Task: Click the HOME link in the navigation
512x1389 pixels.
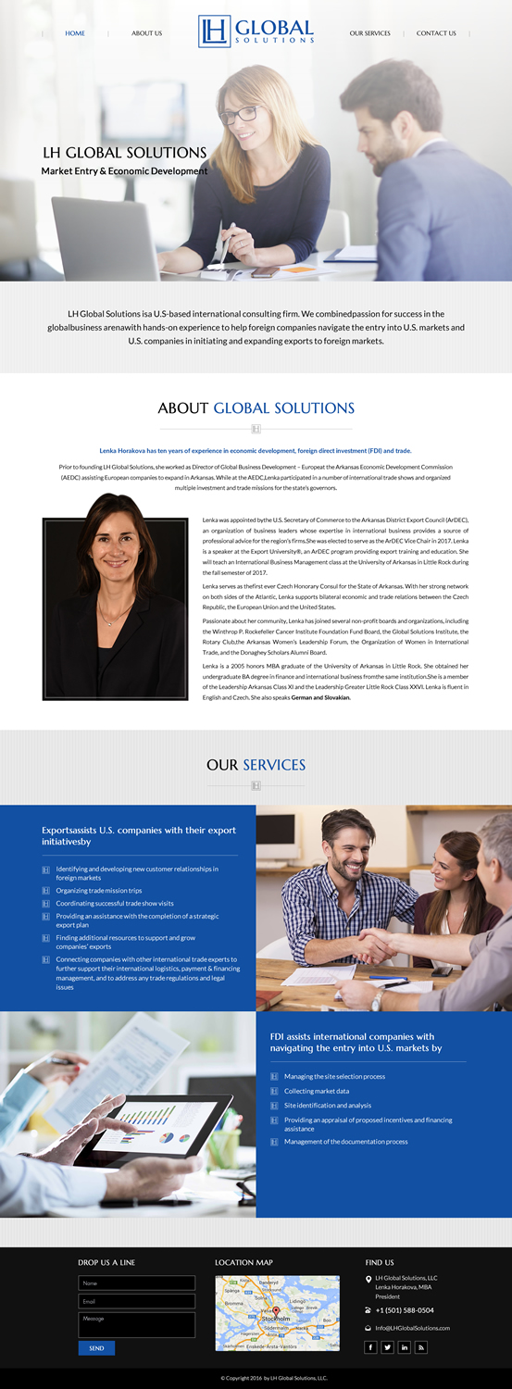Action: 75,33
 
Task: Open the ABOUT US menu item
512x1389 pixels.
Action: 146,33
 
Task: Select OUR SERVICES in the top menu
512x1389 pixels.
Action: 369,33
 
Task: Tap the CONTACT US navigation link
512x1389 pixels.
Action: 436,33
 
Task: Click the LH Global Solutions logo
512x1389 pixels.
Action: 256,31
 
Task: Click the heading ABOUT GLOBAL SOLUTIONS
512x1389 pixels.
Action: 256,407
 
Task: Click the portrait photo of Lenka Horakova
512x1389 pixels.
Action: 115,595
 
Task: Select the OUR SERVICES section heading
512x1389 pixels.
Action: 256,765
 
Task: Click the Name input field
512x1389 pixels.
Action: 136,1283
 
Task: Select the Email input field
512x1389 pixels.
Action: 136,1301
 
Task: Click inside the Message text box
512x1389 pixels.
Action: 136,1324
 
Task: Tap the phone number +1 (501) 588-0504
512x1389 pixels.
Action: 405,1310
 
